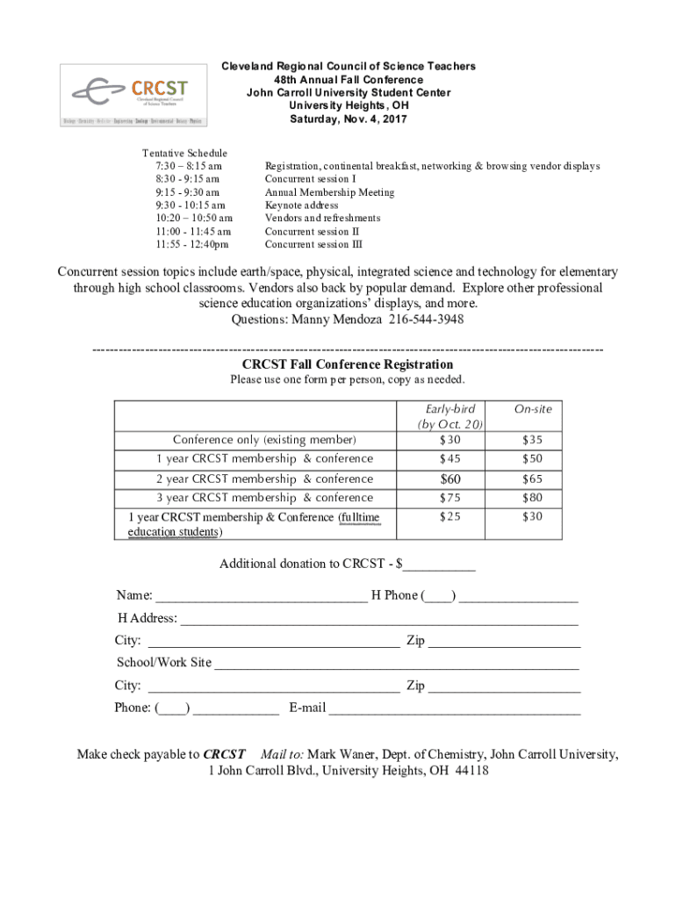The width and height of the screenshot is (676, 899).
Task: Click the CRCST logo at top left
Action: tap(135, 95)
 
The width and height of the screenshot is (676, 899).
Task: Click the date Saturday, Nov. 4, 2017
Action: tap(349, 119)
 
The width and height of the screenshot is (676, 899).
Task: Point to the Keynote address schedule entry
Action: tap(301, 205)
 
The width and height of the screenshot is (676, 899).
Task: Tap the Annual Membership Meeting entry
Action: tap(329, 192)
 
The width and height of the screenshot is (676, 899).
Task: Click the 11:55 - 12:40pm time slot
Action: tap(192, 245)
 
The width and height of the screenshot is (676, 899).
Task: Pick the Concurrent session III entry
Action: tap(313, 245)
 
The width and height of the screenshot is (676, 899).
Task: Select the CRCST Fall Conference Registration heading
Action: tap(348, 364)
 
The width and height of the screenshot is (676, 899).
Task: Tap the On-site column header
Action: tap(533, 409)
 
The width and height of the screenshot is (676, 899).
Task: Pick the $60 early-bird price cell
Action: tap(449, 479)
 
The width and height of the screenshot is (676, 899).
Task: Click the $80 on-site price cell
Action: tap(533, 498)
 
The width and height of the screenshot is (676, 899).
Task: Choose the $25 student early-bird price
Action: tap(449, 517)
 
